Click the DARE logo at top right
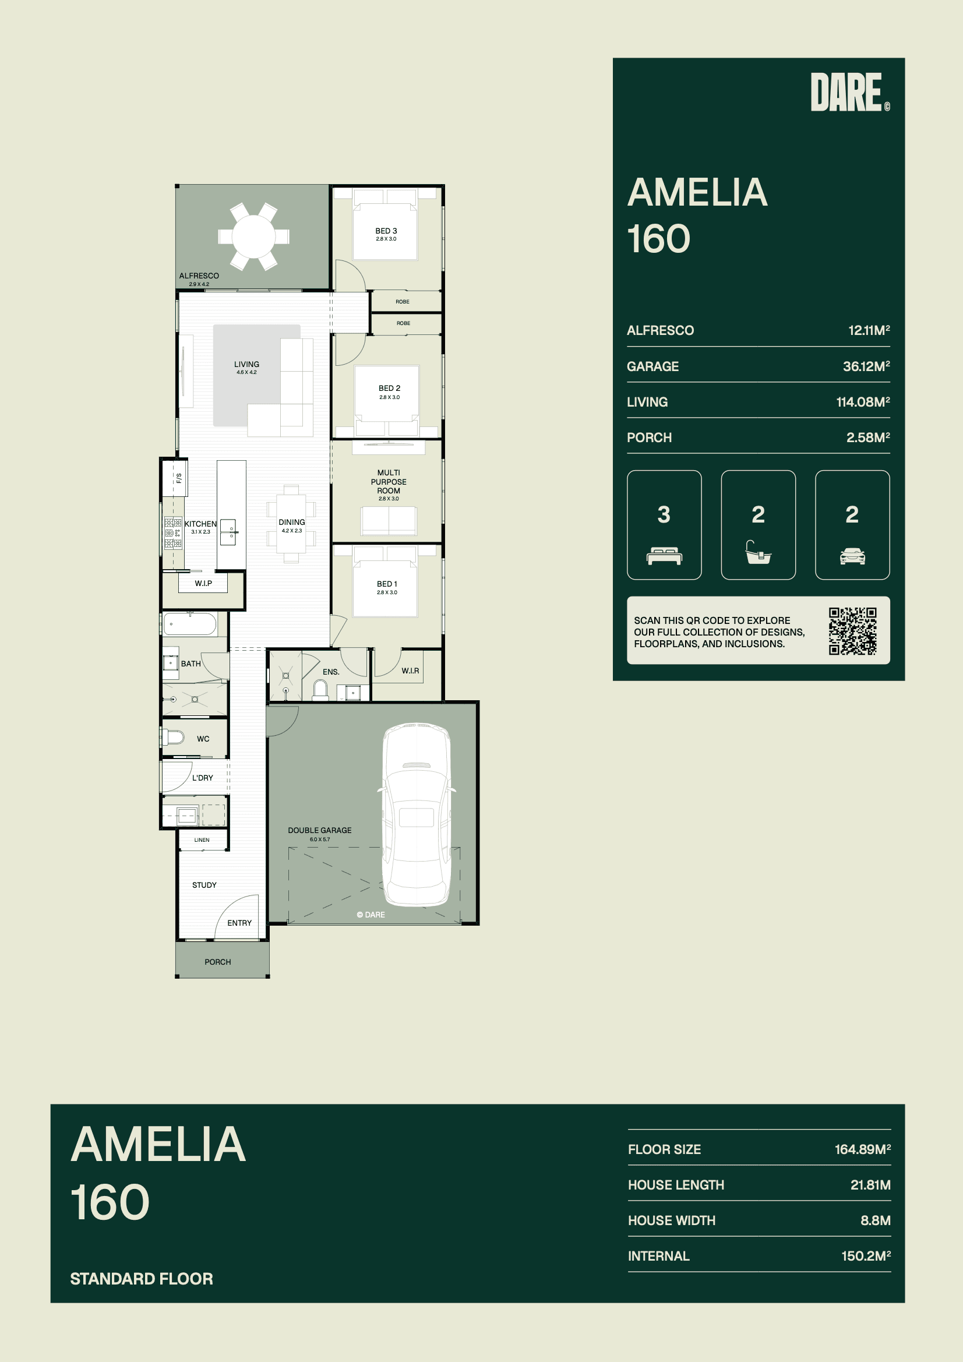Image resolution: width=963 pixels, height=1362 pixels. click(x=849, y=92)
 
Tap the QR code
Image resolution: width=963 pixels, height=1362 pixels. click(x=853, y=630)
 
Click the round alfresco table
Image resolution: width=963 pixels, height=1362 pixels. click(x=253, y=237)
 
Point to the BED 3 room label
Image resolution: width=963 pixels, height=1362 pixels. click(x=386, y=231)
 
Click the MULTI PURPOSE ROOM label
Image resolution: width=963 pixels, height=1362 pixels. click(x=389, y=482)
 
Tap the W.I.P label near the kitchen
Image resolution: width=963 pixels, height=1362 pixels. click(x=203, y=583)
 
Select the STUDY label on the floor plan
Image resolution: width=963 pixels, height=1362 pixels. click(x=204, y=884)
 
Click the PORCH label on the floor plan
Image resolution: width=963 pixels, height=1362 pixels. click(x=218, y=962)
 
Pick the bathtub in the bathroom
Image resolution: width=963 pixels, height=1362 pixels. click(x=190, y=624)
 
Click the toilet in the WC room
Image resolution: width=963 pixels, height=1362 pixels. click(x=172, y=738)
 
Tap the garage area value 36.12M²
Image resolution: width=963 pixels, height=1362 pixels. click(x=866, y=366)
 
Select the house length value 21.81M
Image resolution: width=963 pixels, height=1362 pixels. click(x=870, y=1185)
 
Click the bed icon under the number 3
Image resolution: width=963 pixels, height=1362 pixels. click(x=664, y=556)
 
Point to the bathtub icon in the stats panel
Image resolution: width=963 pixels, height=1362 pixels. click(x=759, y=552)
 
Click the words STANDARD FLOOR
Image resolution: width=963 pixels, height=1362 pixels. click(x=141, y=1278)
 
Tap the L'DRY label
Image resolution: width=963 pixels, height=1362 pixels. click(x=202, y=778)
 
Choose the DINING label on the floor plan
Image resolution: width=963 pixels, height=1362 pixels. click(x=292, y=522)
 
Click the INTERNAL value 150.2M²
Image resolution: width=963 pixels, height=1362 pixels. click(x=866, y=1256)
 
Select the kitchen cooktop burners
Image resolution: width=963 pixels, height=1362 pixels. click(x=173, y=532)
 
